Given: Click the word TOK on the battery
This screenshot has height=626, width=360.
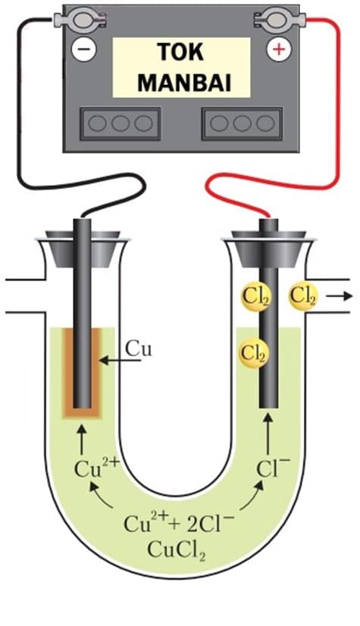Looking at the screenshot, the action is tap(180, 52).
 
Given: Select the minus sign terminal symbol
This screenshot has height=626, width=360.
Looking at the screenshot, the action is tap(84, 49).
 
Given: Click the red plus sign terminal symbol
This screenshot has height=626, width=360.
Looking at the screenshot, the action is tap(279, 49).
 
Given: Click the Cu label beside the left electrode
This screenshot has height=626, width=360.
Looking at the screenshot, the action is tap(139, 349).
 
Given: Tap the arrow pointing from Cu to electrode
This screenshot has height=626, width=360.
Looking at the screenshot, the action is tap(121, 361).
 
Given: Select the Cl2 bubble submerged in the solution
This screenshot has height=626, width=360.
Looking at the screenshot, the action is tap(254, 353).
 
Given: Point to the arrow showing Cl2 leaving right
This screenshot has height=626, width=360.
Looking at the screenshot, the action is tap(340, 296).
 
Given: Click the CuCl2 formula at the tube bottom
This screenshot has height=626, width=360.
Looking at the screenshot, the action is tap(177, 549).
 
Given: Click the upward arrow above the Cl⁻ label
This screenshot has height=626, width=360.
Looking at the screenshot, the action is tap(268, 435).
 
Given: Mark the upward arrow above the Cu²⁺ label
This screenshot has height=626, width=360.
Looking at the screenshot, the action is tap(82, 440).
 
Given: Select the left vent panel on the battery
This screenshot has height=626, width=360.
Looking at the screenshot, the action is tap(121, 124).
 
